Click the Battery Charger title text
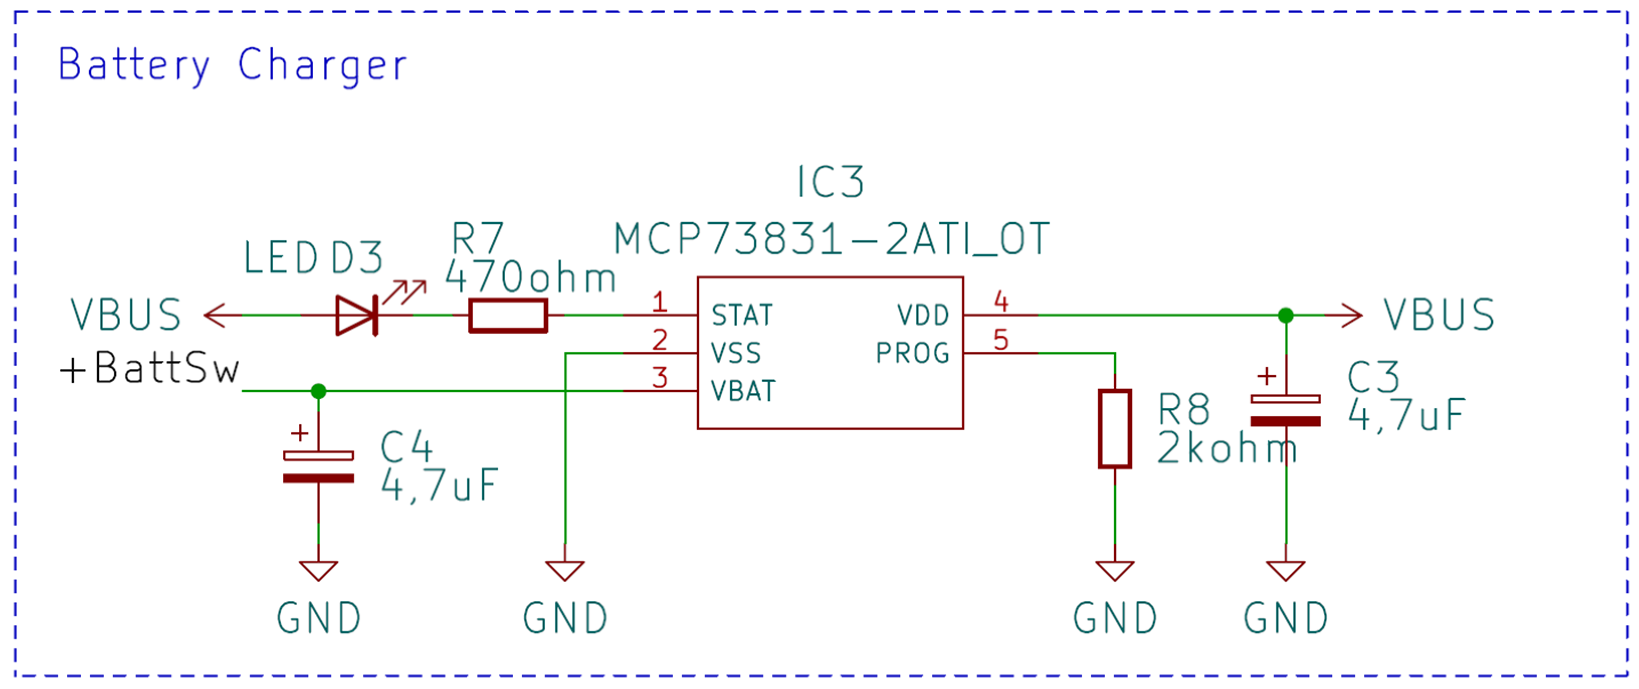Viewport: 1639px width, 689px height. click(x=232, y=65)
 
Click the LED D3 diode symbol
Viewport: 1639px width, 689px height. click(x=357, y=315)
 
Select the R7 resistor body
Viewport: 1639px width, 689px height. click(x=508, y=315)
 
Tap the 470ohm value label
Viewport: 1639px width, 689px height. click(x=530, y=278)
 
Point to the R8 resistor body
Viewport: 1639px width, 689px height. click(x=1115, y=429)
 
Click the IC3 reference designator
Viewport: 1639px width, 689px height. click(x=831, y=182)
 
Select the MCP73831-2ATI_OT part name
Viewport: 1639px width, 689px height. click(x=831, y=240)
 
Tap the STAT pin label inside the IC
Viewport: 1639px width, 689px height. click(x=742, y=315)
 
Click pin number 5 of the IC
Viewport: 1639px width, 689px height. click(x=1001, y=340)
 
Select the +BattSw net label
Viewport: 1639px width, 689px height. click(x=150, y=368)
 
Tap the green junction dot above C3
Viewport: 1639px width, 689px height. click(x=1285, y=315)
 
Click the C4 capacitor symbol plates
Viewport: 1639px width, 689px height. click(x=319, y=467)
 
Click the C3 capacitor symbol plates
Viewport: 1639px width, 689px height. click(x=1285, y=411)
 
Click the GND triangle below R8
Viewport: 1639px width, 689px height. click(x=1115, y=570)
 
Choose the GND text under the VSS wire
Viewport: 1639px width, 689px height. click(x=565, y=618)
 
